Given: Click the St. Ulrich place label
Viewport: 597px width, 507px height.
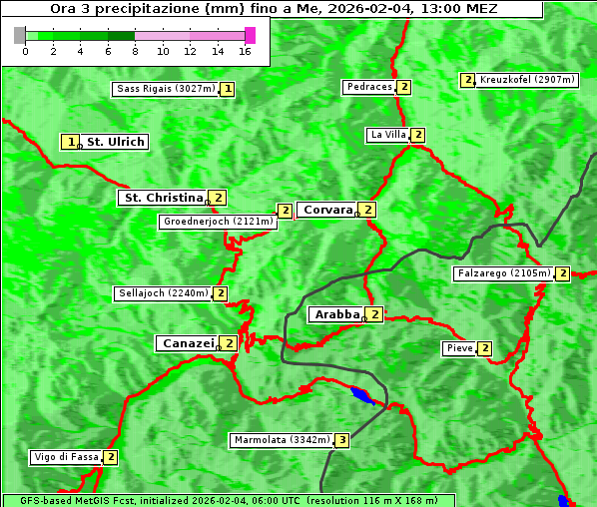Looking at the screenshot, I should (116, 142).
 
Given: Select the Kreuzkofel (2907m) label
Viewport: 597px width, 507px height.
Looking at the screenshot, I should (527, 79).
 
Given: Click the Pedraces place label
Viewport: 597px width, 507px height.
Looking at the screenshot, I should (369, 88).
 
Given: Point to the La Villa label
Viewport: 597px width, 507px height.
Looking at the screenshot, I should (387, 135).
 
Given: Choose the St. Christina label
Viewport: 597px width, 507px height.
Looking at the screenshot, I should (162, 198).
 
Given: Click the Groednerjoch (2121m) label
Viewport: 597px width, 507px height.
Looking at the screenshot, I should (217, 222).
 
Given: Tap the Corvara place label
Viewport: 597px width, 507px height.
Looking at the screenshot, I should (326, 210).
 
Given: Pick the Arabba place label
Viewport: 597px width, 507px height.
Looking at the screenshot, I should (336, 314).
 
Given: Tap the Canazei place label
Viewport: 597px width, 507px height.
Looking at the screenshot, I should (187, 342).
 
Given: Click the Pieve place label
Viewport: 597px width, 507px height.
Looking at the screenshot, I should (459, 348).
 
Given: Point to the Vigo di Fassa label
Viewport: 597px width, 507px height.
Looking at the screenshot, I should (66, 457).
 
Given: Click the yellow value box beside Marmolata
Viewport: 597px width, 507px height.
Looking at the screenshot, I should (342, 440).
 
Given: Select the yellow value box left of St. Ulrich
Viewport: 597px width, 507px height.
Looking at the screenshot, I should (69, 142).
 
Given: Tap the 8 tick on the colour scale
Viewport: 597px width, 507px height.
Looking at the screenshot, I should (134, 50).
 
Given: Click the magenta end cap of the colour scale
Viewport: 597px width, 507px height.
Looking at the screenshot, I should (250, 35).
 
